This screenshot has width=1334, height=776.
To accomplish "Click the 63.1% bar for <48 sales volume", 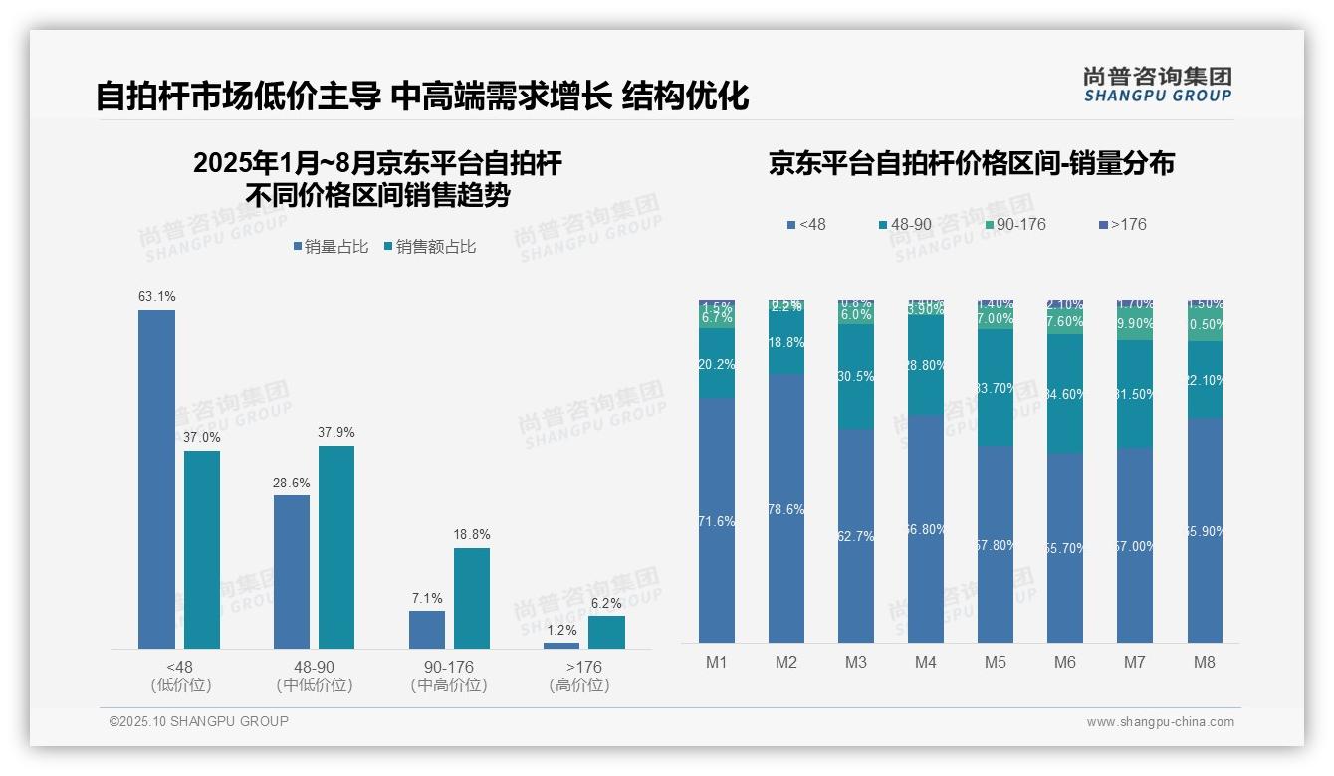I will (156, 480).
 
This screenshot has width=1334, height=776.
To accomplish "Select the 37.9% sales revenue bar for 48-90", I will (336, 547).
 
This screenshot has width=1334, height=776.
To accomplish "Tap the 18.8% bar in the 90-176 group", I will (472, 598).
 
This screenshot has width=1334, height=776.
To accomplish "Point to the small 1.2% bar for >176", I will (561, 646).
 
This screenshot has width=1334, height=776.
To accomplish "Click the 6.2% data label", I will (605, 603).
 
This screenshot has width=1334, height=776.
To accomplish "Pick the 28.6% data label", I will (292, 483).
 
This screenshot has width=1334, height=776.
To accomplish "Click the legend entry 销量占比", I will (331, 247).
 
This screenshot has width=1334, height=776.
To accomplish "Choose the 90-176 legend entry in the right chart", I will (1014, 224).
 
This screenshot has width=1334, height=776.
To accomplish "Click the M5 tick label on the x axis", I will (995, 662).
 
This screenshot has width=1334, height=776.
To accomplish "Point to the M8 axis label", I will (1204, 662).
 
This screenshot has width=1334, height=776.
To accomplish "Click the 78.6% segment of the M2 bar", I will (785, 508).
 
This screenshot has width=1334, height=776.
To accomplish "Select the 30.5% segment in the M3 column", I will (855, 376).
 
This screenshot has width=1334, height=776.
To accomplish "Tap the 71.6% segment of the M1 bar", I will (717, 520).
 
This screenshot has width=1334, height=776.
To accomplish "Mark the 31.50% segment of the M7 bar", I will (1134, 394).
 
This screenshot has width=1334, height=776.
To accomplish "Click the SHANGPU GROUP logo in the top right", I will (1157, 84).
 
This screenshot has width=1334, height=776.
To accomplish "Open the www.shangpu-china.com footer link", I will (1160, 722).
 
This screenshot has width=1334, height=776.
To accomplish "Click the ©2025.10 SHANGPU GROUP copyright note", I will (199, 721).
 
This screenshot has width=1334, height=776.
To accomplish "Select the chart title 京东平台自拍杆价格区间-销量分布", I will (971, 163).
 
